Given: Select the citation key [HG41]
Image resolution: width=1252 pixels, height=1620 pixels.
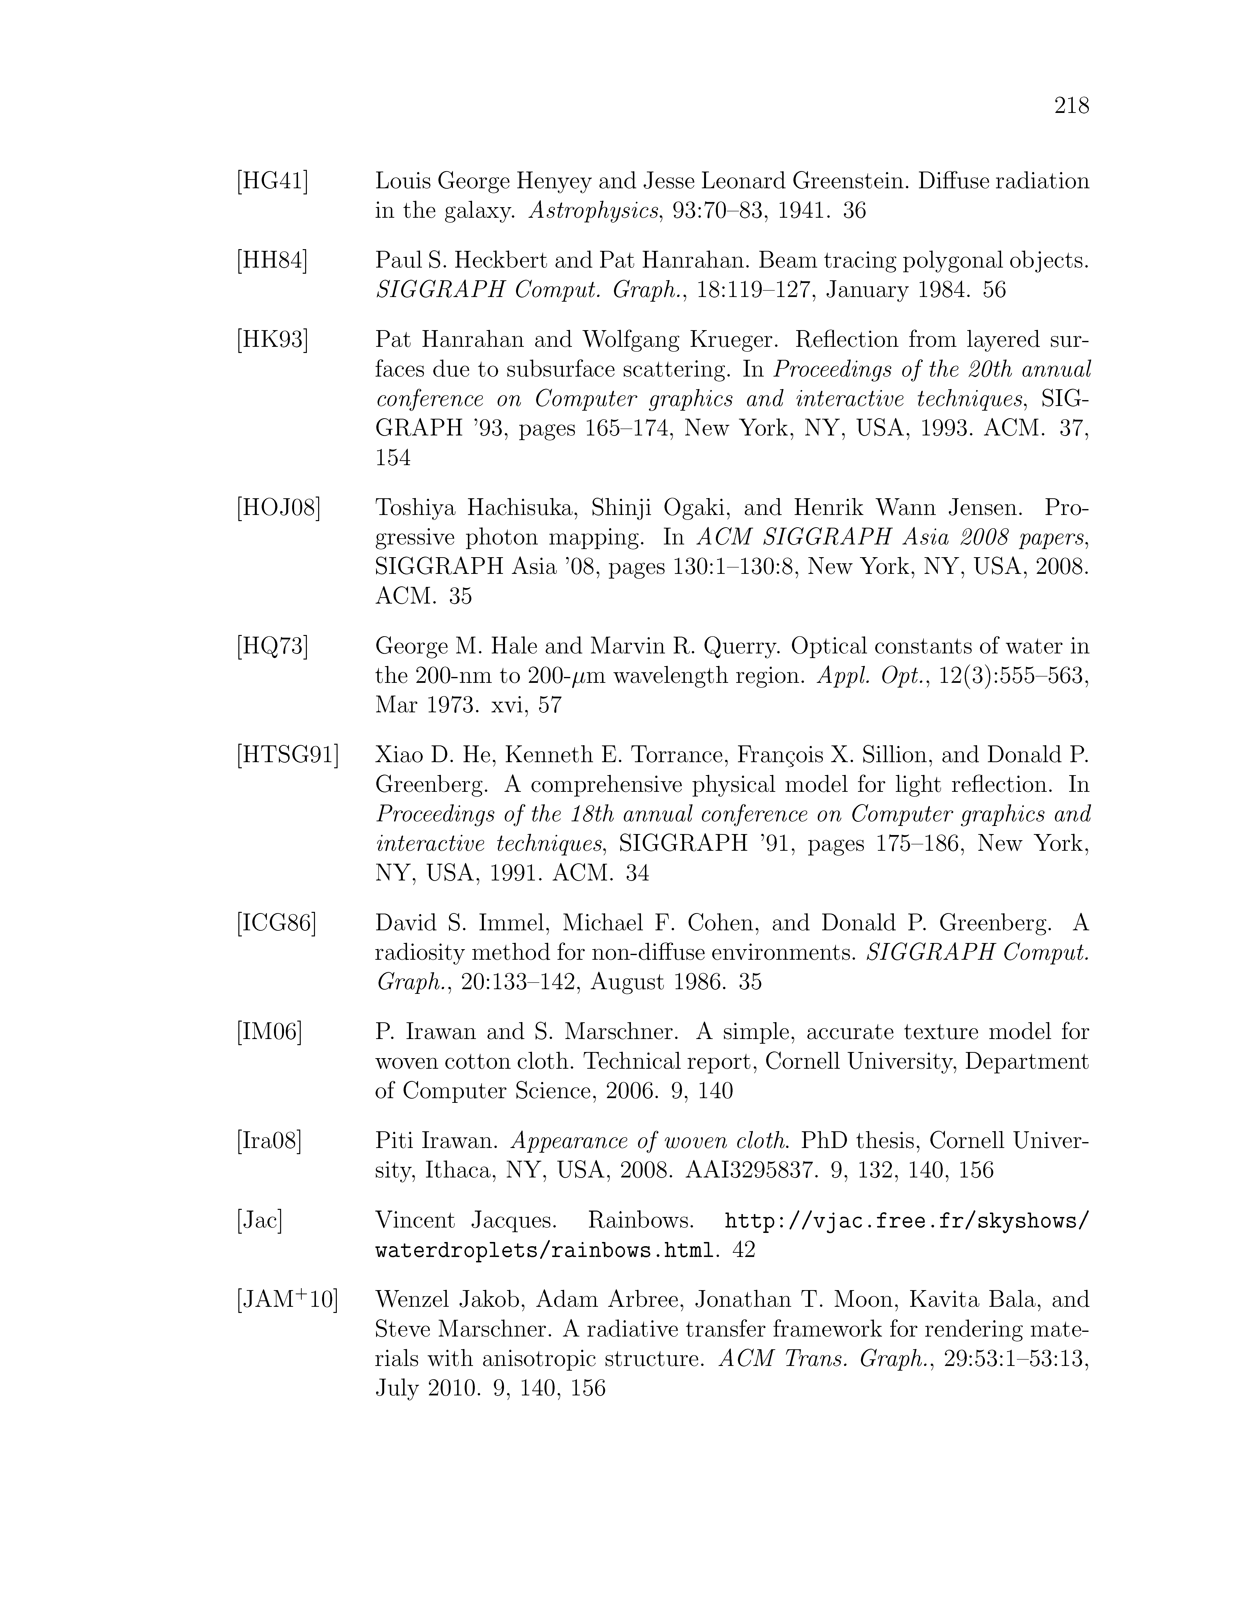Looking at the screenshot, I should coord(272,181).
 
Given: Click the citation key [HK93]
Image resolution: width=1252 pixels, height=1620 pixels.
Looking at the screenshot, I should coord(272,340).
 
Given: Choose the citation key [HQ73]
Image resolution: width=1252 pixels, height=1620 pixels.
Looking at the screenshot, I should coord(272,646).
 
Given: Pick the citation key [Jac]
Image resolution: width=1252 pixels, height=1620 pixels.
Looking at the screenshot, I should coord(259,1220).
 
